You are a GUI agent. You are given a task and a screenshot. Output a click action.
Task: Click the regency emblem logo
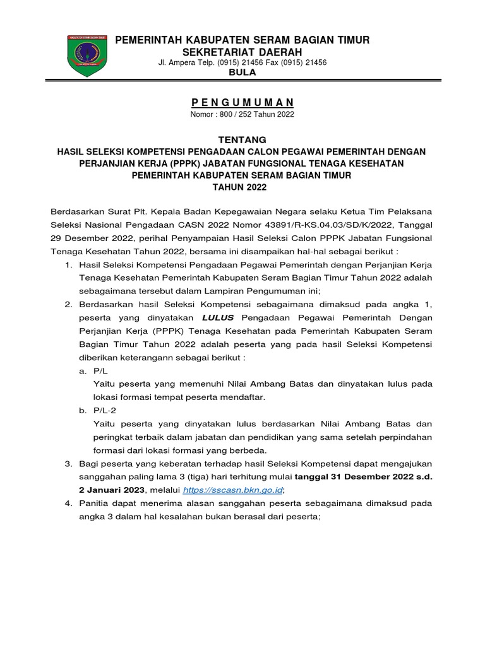86,56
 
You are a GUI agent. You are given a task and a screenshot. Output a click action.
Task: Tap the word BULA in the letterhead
242,73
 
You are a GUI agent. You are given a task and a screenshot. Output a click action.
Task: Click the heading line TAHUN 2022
242,187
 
